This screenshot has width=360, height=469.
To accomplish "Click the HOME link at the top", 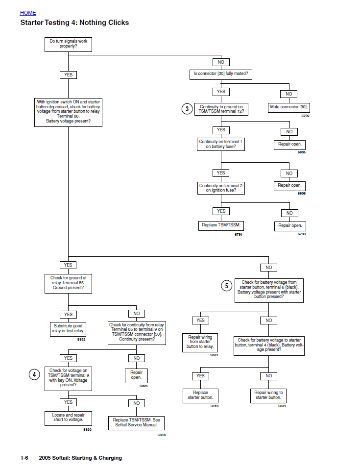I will (28, 13).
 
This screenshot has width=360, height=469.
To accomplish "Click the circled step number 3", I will (187, 109).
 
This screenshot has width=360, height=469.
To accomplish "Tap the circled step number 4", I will (34, 374).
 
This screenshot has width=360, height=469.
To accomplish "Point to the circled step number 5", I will (226, 286).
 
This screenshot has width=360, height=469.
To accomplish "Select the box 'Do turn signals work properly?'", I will (68, 45).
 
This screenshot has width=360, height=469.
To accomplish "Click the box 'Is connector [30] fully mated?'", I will (220, 74).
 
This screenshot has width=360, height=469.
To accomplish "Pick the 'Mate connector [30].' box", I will (289, 107).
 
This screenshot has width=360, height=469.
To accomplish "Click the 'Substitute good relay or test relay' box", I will (69, 328).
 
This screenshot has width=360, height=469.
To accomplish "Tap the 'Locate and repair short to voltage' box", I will (68, 418).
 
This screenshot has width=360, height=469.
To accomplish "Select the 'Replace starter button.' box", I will (200, 395).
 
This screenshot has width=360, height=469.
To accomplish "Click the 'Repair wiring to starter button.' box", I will (268, 395).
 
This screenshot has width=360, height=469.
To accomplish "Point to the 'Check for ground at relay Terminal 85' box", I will (68, 283).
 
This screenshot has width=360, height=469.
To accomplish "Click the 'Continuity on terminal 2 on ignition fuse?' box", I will (220, 188).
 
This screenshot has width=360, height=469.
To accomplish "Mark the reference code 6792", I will (305, 116).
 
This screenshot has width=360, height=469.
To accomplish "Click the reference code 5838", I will (161, 435).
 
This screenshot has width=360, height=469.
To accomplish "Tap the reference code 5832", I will (81, 339).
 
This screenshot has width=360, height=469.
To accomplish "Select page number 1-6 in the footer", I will (24, 458).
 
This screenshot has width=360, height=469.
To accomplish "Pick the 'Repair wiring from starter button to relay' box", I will (200, 342).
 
